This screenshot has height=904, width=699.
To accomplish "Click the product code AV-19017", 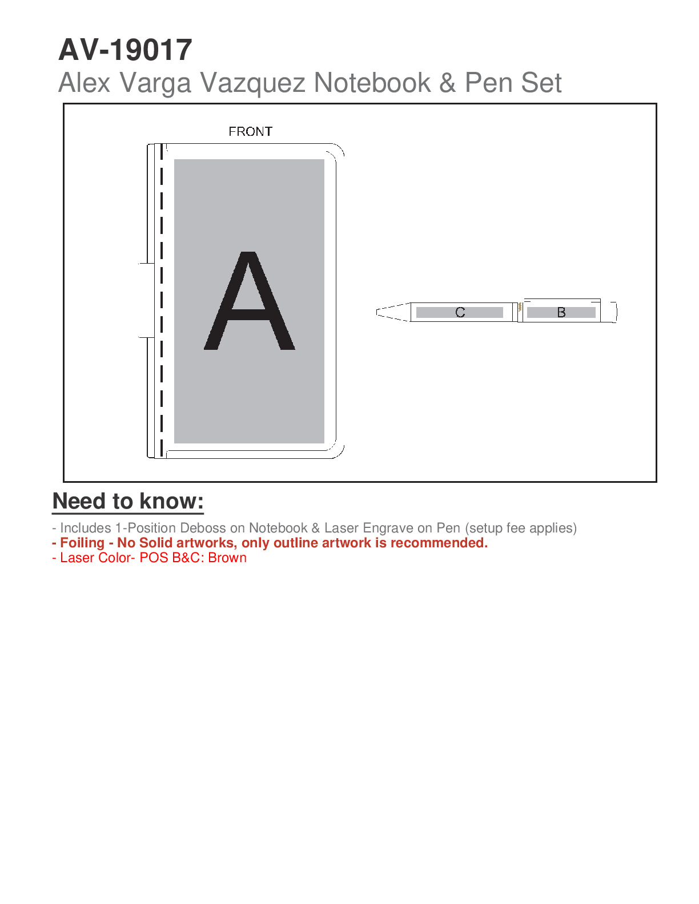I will (125, 50).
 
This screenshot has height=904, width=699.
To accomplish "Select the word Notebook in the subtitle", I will (372, 83).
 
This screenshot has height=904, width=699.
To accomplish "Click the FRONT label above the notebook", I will (250, 132).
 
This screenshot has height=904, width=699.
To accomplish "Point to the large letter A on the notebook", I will (250, 301).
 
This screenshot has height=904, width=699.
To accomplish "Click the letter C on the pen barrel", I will (460, 313).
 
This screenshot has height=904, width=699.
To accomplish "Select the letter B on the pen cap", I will (561, 313).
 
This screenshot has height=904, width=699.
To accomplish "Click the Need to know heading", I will (128, 502).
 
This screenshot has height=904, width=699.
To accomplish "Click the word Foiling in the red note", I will (82, 543).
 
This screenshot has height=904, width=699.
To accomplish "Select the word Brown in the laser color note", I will (227, 558).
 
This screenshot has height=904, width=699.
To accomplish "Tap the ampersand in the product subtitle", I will (448, 83).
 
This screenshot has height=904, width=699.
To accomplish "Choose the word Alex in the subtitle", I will (84, 83).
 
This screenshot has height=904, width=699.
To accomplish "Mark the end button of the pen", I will (613, 312).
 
